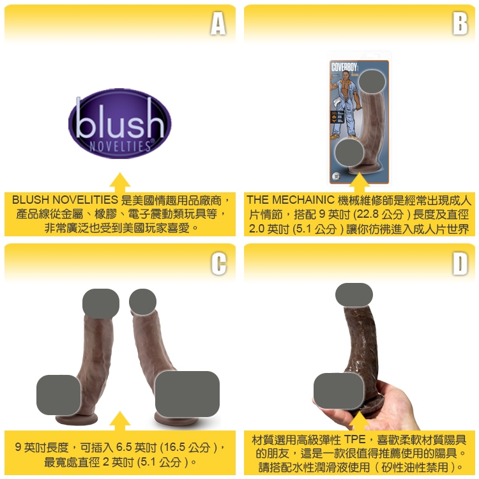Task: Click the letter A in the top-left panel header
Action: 218,24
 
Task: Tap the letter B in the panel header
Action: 460,24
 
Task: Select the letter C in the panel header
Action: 218,263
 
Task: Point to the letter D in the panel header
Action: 460,263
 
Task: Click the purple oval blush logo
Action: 120,123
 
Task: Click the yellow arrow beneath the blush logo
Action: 120,182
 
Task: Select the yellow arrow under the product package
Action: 359,182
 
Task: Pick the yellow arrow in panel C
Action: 120,421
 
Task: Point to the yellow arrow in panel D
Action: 359,422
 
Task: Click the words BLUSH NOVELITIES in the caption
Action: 65,200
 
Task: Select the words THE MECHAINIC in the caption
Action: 291,200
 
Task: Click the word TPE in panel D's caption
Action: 355,439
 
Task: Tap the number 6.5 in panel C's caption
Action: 124,448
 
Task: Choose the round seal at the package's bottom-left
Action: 336,176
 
